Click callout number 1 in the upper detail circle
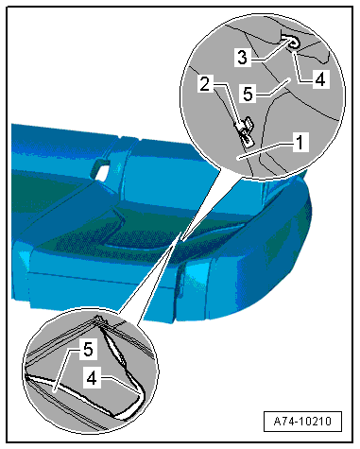[x=300, y=142]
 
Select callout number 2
[x=205, y=84]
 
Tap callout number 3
[x=242, y=58]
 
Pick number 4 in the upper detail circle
[x=320, y=79]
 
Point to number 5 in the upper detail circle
[x=248, y=94]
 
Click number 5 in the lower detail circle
[x=88, y=350]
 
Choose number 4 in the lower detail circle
[x=92, y=378]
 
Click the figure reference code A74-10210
[x=302, y=421]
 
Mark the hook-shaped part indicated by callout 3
[x=291, y=42]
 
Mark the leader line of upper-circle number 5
[x=273, y=87]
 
